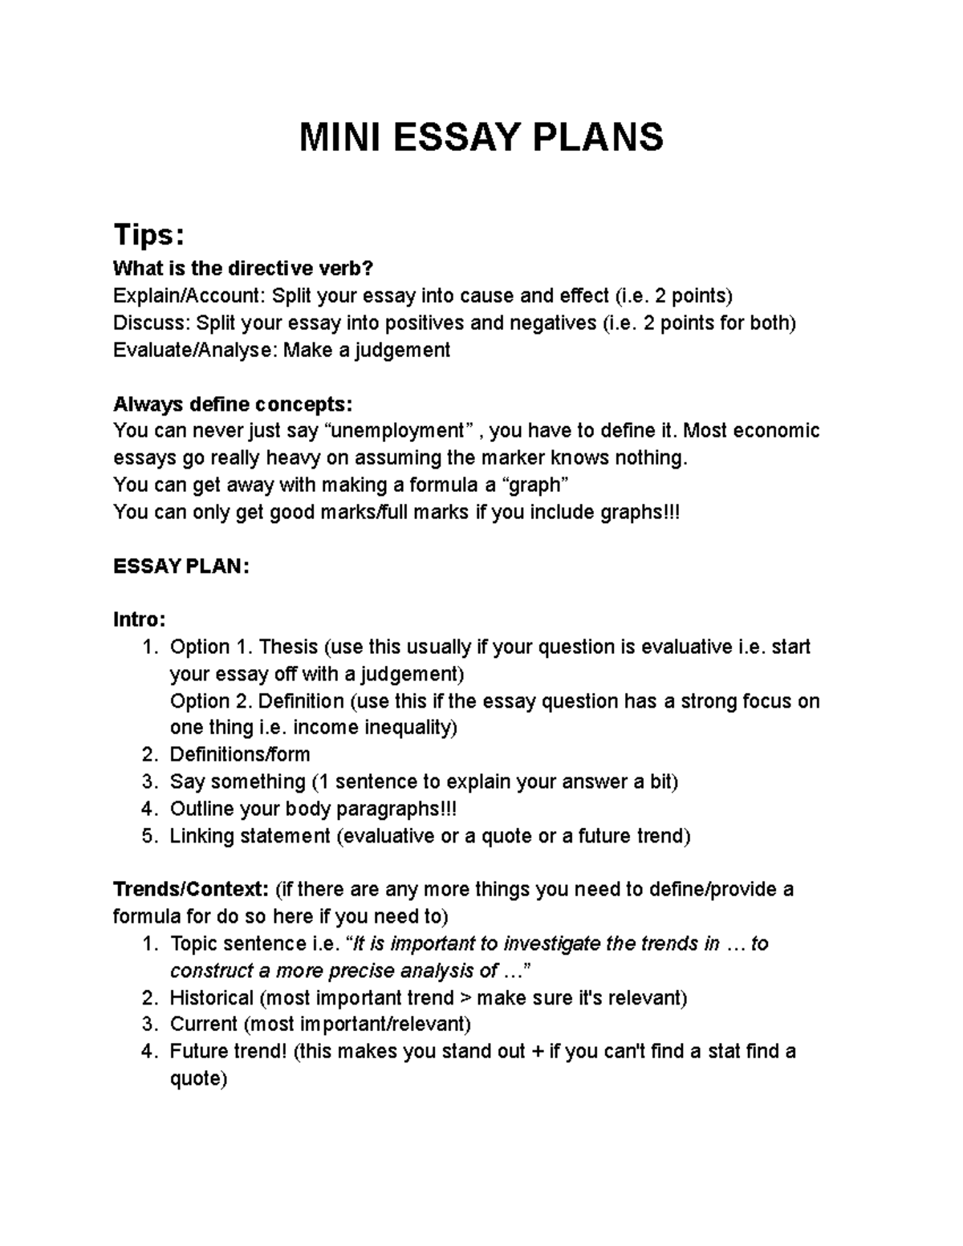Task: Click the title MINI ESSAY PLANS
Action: click(481, 137)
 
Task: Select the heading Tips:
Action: click(149, 235)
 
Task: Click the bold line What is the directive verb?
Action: click(243, 268)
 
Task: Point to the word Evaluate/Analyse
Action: click(194, 351)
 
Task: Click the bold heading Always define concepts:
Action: click(233, 404)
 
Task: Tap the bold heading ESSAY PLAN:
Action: click(181, 566)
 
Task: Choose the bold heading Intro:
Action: click(140, 620)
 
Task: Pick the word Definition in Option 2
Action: click(301, 701)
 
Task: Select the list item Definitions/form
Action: click(239, 755)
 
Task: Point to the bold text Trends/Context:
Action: click(191, 890)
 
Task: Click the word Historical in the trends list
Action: click(211, 998)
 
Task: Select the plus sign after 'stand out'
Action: click(537, 1052)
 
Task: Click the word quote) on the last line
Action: click(199, 1079)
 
